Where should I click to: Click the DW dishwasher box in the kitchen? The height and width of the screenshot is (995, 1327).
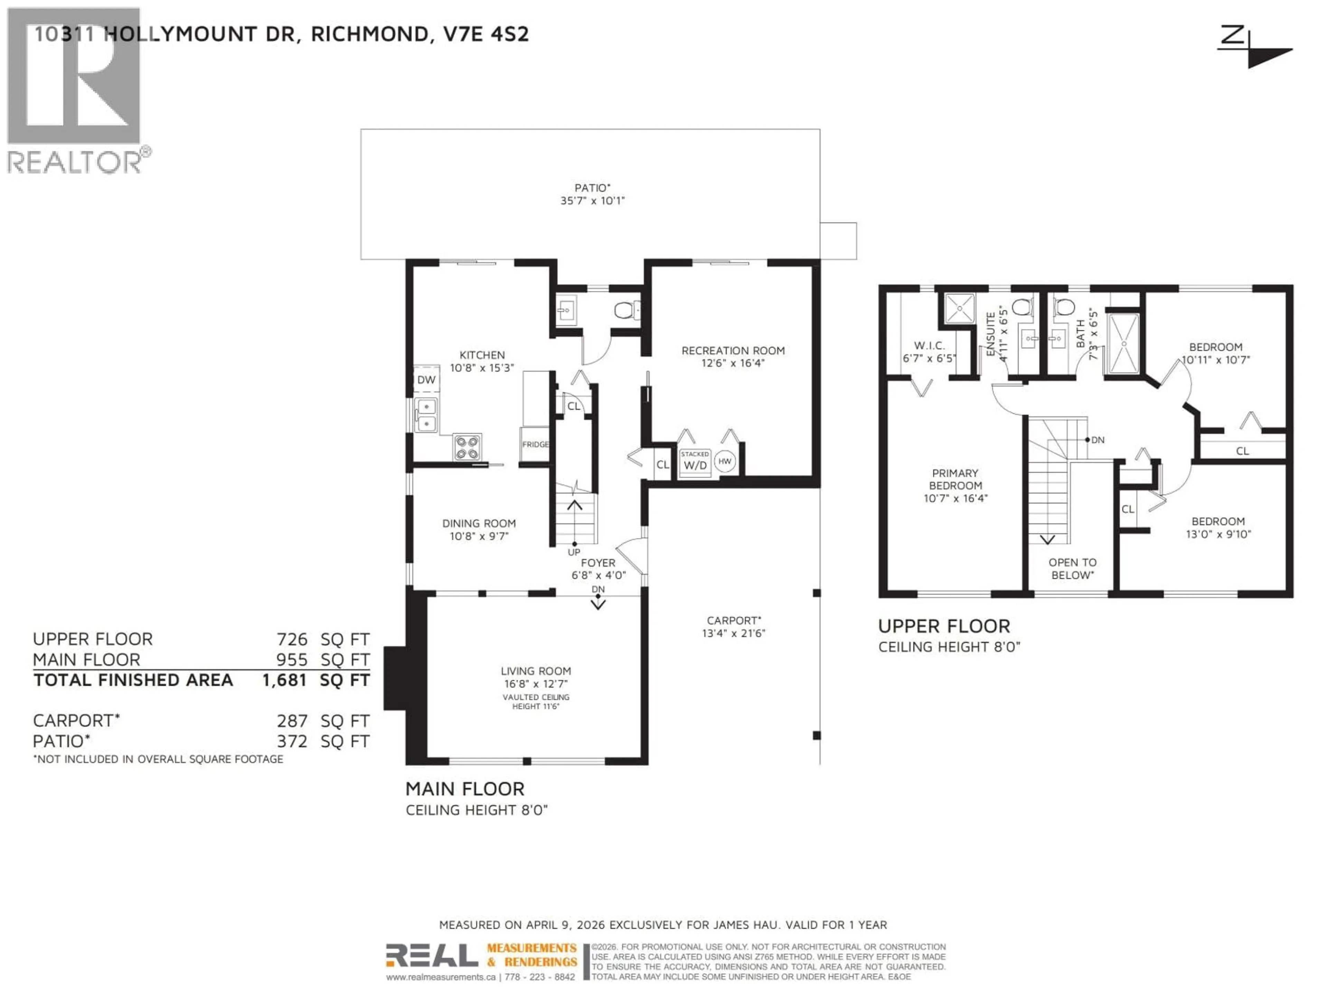(x=426, y=380)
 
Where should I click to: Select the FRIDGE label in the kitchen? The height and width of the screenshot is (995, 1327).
(x=535, y=444)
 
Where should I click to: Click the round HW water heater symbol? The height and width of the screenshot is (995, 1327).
(x=725, y=461)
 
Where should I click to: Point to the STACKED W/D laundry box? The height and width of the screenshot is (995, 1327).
(x=695, y=461)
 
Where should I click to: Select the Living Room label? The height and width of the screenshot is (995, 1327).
(x=536, y=671)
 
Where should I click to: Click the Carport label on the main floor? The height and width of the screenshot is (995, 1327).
(x=733, y=621)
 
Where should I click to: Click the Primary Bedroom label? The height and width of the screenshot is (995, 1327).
(x=955, y=479)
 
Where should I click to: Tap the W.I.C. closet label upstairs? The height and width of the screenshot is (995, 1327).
(x=929, y=346)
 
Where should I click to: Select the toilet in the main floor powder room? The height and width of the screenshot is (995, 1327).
(x=624, y=311)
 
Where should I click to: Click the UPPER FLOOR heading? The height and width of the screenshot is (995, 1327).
(x=944, y=627)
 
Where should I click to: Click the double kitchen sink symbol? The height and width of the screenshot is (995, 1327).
(x=426, y=415)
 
